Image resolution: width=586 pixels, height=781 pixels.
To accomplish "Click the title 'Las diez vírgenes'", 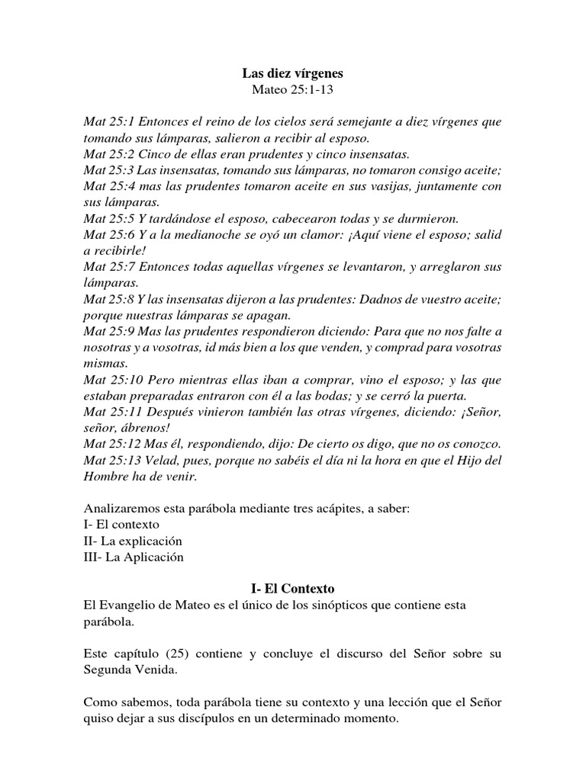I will click(293, 74).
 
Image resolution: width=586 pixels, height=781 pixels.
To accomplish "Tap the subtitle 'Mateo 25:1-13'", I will click(293, 90).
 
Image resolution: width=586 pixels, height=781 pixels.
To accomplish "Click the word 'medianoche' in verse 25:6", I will click(202, 235).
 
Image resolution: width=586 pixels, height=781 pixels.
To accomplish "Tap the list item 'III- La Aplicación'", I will click(134, 557).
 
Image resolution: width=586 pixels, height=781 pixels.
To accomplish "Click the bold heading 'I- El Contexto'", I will click(293, 589).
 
